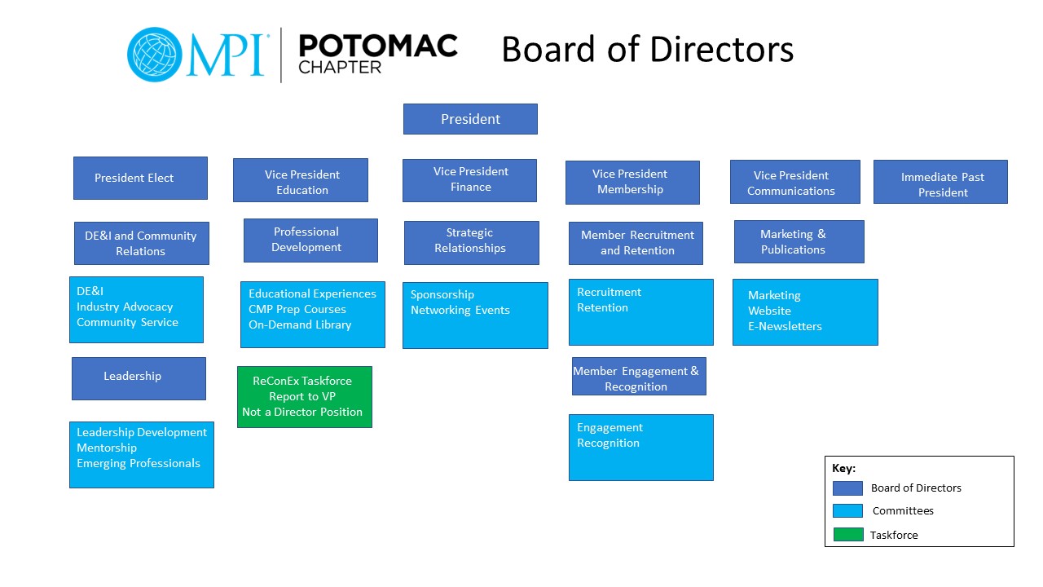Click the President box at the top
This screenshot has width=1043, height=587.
[470, 119]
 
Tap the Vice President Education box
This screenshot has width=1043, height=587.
[301, 180]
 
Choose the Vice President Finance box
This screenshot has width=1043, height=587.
[469, 180]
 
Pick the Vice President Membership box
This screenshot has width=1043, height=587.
[632, 183]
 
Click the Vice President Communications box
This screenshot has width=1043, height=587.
[794, 182]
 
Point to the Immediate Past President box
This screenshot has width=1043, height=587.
[940, 182]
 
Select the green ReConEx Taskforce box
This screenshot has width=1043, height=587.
[305, 397]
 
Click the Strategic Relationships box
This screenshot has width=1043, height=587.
[471, 242]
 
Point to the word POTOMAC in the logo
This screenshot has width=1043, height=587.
[378, 46]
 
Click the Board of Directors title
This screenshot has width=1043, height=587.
[647, 49]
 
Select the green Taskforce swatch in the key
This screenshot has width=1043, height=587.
[847, 535]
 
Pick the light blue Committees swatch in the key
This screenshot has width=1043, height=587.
[847, 511]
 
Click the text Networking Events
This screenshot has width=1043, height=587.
[460, 310]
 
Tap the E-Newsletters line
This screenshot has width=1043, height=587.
[785, 326]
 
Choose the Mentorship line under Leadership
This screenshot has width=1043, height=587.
[107, 448]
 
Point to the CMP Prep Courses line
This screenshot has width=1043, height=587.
[297, 309]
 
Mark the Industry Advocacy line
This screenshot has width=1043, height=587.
[125, 307]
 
